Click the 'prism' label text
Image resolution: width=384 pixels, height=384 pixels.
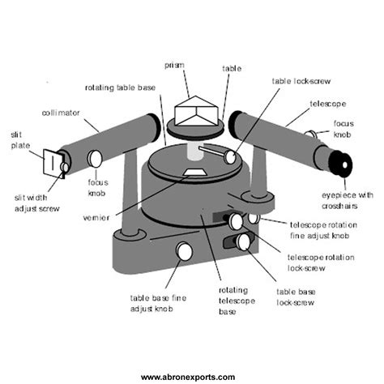pyautogui.click(x=175, y=64)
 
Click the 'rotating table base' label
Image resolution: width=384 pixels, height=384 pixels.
pyautogui.click(x=122, y=87)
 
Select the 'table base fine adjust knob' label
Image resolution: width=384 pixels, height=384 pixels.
pyautogui.click(x=160, y=302)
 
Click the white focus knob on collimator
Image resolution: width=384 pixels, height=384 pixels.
pyautogui.click(x=96, y=158)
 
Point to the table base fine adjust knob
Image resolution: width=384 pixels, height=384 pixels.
pyautogui.click(x=185, y=252)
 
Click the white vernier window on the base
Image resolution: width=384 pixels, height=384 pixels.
pyautogui.click(x=194, y=172)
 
